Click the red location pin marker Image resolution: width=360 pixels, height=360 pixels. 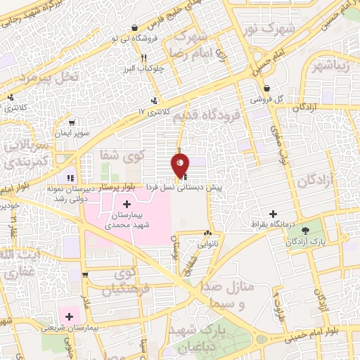[x=180, y=165]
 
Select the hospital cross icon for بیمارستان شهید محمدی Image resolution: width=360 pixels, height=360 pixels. [x=127, y=204]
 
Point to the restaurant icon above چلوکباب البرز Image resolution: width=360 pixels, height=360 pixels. [x=143, y=58]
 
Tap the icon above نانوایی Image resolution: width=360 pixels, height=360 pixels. [x=207, y=234]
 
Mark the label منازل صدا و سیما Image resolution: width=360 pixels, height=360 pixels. [x=236, y=296]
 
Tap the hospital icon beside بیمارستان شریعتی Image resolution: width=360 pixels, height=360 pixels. [x=69, y=317]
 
